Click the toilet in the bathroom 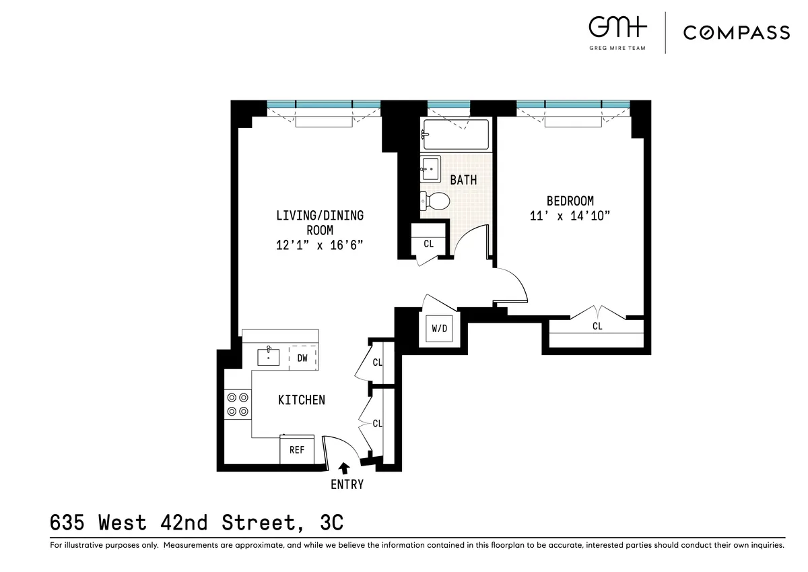(436, 200)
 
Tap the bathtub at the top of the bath (455, 135)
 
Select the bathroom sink (430, 168)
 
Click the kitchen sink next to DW (269, 356)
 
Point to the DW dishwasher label (302, 358)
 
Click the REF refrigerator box (297, 449)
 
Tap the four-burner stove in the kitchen (238, 404)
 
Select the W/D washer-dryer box (439, 329)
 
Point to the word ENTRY (347, 484)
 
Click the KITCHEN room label (302, 400)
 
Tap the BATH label (463, 180)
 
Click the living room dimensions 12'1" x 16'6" (320, 245)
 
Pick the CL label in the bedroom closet (597, 326)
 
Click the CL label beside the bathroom (429, 244)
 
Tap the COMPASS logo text (737, 32)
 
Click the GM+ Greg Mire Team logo (617, 30)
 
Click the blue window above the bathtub (448, 104)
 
